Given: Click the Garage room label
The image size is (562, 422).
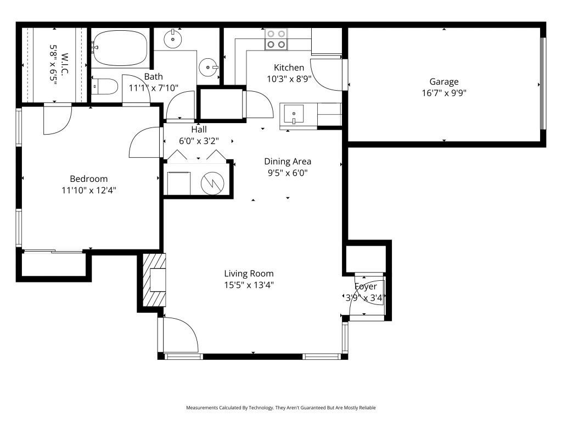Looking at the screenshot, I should pos(443,82).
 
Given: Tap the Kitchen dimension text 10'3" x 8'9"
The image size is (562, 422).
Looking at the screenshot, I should pos(289,79).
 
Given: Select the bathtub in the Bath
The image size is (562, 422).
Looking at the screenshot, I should pos(120,48).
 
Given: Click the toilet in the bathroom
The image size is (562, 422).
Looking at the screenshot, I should pos(104,87).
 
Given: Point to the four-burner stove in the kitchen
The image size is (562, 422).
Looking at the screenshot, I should pos(276,39).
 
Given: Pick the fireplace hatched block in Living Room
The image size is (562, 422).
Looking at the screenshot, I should pos(154,280).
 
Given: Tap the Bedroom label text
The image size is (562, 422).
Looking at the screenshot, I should pos(88,179).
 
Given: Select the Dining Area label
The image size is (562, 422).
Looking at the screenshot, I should pos(288,161).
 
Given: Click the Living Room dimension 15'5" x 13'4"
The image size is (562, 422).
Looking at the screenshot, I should pos(249,285).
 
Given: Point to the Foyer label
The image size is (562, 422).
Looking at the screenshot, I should pos(366,286).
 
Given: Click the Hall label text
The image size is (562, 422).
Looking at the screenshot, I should pos(199,130).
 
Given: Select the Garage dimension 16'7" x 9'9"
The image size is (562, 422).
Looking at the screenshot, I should pos(443,93).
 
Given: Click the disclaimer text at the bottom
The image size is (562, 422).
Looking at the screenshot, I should pos(281,408).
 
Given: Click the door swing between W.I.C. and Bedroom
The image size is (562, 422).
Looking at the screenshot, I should pos(57,120).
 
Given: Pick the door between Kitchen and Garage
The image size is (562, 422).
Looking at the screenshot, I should pos(332,74).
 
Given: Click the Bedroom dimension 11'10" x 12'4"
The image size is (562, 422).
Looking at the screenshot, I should pos(88,191).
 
